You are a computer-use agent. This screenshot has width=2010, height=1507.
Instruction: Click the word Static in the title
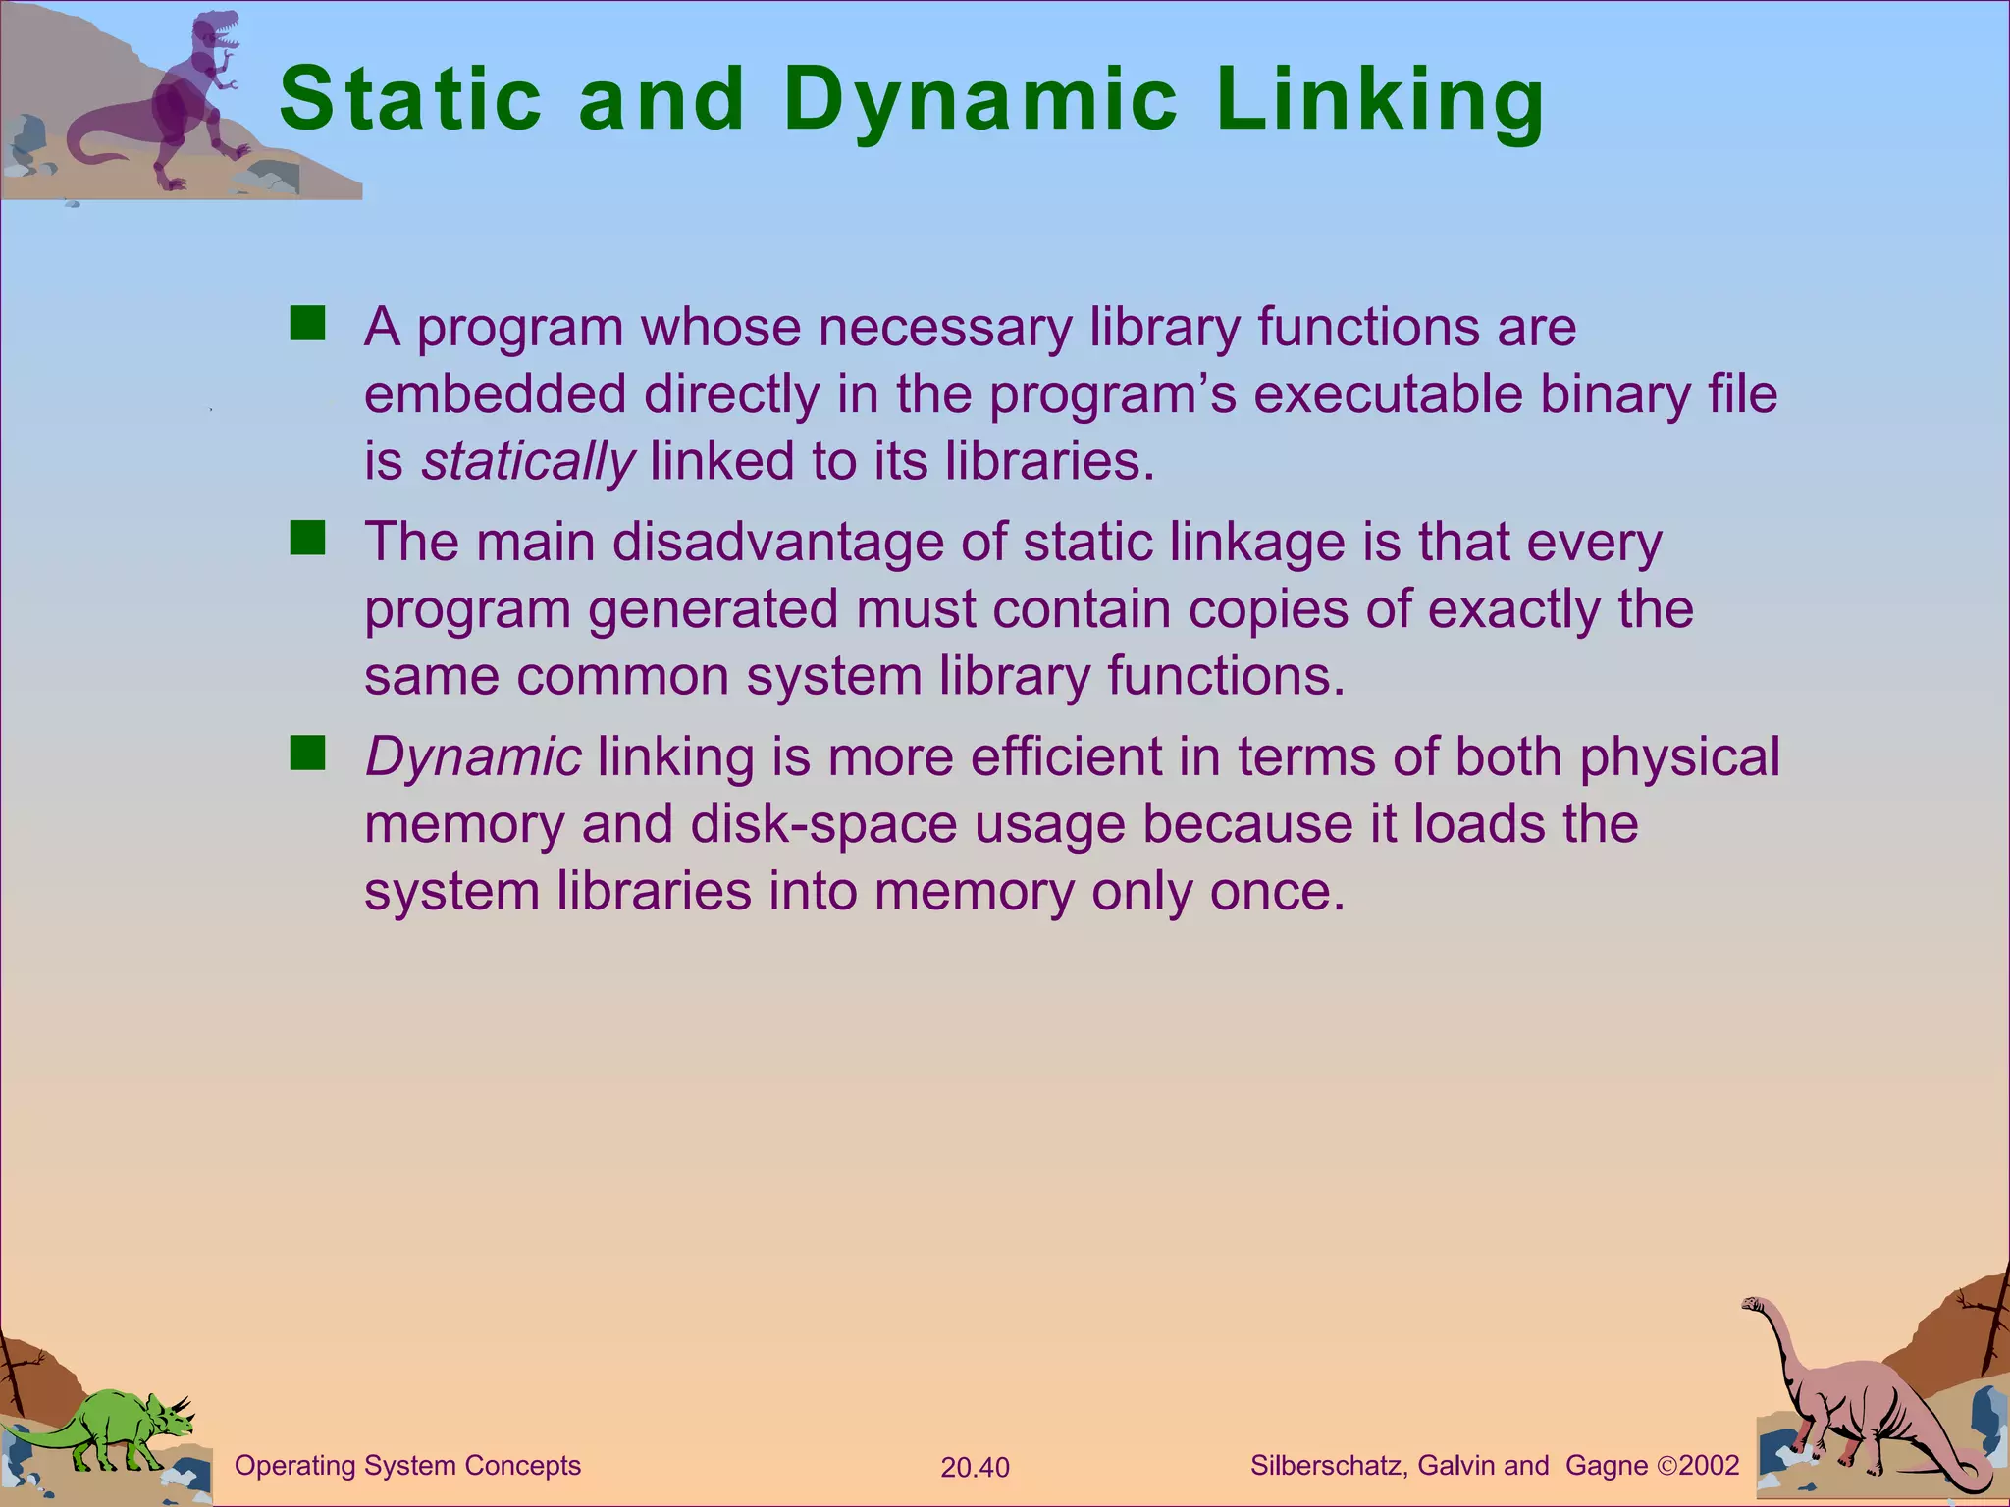(x=410, y=100)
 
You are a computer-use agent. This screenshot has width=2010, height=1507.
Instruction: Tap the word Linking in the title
(x=1379, y=100)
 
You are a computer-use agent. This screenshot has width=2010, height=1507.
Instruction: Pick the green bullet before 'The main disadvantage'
(x=307, y=539)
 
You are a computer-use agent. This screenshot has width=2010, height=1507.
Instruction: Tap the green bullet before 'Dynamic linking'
(x=307, y=754)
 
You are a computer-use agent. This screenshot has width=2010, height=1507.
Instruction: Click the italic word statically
(x=528, y=461)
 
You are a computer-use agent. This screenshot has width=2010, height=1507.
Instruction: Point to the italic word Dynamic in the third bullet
(x=473, y=756)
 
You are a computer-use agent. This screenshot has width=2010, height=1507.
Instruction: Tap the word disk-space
(x=823, y=824)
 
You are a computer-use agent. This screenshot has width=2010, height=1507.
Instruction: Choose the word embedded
(x=495, y=394)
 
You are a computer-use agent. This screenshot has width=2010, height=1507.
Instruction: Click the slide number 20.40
(x=975, y=1468)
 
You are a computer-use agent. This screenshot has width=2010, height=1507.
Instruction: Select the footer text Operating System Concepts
(x=407, y=1466)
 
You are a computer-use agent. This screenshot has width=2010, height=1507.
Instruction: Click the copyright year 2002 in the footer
(x=1709, y=1466)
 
